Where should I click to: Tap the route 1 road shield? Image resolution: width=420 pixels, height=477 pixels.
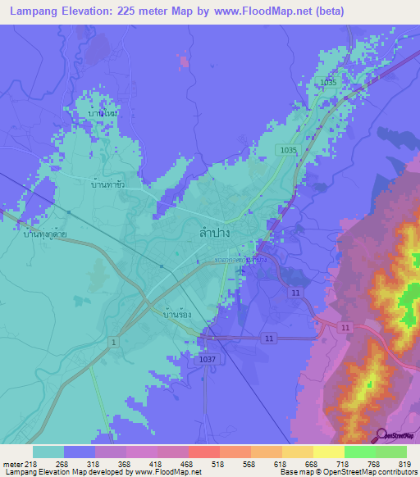tap(113, 340)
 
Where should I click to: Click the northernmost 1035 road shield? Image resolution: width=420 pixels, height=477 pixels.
tap(329, 83)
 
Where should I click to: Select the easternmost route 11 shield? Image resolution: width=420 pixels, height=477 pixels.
tap(345, 327)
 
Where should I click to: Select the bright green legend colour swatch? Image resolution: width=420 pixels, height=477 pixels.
tap(359, 452)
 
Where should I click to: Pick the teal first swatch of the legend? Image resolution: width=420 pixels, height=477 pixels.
tap(48, 452)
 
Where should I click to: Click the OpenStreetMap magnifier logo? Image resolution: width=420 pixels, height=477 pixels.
tap(381, 435)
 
